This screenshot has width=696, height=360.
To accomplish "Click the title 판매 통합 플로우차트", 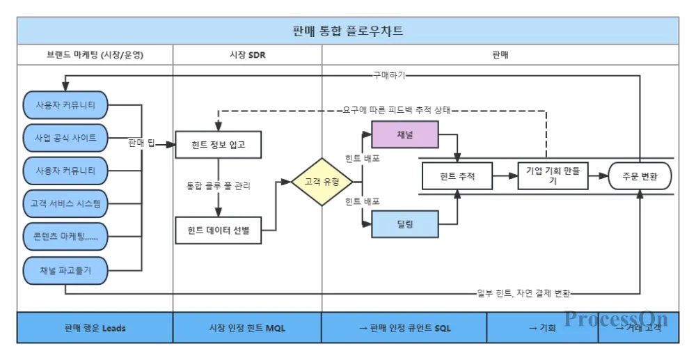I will (348, 31).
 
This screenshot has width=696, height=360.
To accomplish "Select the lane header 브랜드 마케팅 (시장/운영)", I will (95, 54).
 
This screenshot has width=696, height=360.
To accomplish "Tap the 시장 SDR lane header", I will (247, 54).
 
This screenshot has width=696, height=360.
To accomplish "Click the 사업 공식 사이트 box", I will (65, 137).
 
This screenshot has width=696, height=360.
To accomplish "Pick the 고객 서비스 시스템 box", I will (65, 203).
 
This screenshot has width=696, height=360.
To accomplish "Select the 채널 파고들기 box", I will (65, 270).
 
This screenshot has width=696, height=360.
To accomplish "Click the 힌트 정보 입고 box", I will (219, 145).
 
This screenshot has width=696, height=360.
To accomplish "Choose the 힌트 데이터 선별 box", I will (219, 230).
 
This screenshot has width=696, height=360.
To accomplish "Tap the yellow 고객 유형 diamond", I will (322, 182).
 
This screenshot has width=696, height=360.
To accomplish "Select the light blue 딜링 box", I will (405, 224).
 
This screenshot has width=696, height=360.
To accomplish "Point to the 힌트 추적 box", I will (457, 176).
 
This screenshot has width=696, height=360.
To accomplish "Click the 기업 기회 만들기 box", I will (553, 176).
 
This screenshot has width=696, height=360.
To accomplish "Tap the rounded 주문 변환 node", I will (640, 176).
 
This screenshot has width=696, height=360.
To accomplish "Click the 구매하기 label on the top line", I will (389, 75).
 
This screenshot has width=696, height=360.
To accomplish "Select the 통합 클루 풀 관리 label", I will (218, 186).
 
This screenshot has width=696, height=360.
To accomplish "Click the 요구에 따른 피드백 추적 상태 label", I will (397, 110).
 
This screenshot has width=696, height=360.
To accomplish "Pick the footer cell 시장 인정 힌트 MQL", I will (247, 327).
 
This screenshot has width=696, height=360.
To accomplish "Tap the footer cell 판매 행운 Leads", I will (95, 327).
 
